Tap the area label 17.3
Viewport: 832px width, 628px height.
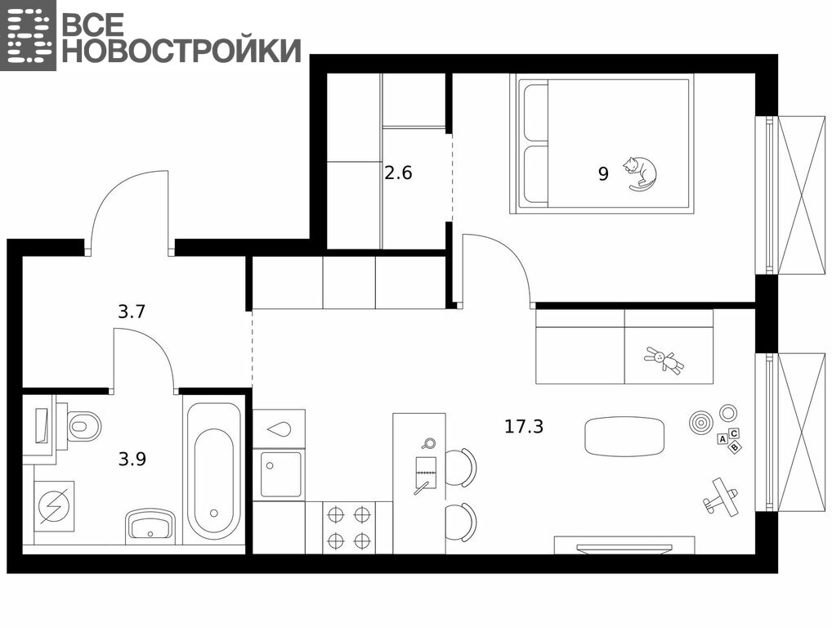[524, 426]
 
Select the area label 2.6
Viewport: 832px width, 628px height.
[398, 173]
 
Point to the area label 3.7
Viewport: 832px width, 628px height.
[131, 312]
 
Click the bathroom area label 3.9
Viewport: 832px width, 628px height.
[132, 459]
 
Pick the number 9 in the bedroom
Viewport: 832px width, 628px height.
[603, 173]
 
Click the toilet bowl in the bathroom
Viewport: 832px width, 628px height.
[84, 426]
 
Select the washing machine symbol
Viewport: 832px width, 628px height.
[54, 506]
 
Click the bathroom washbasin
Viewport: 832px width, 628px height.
[150, 527]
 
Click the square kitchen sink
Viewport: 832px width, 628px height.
[280, 474]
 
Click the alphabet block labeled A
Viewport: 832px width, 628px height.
[722, 439]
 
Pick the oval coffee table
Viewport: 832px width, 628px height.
[624, 436]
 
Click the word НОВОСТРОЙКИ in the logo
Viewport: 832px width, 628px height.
[181, 51]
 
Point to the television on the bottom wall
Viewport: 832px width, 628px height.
[624, 547]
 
